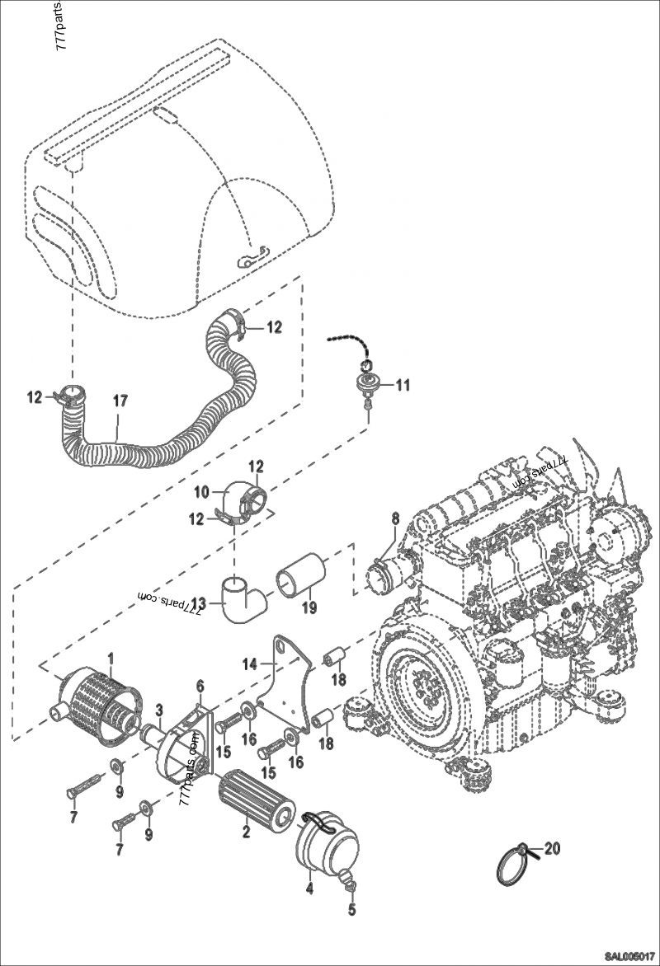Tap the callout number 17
click(120, 401)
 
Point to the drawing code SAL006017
click(629, 957)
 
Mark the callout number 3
click(160, 709)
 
